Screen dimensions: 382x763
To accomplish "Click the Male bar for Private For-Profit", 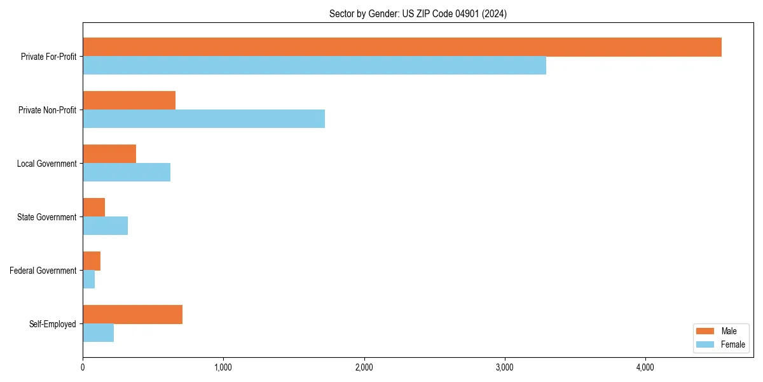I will tap(402, 47).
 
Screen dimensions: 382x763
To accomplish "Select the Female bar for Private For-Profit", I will tap(314, 66).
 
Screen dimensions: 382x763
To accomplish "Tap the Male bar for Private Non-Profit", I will tap(129, 101).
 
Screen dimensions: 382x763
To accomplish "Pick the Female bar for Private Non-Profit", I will tap(203, 119).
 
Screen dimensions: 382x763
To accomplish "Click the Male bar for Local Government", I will tap(109, 154).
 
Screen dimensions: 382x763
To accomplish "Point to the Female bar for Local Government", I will tap(127, 173).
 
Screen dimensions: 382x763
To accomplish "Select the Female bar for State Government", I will tap(105, 226).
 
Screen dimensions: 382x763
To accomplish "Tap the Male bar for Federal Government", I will tap(92, 261).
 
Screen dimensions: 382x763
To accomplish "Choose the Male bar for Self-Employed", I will tap(132, 315).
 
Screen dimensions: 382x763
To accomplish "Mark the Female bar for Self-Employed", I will tap(98, 333).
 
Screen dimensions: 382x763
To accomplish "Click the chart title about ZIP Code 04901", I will tap(418, 13).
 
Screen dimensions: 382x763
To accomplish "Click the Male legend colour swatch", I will tap(706, 331).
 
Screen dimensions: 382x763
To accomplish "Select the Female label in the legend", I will tap(732, 344).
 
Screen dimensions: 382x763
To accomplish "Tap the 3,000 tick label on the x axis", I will tap(504, 367).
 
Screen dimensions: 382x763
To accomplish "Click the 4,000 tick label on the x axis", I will tap(645, 367).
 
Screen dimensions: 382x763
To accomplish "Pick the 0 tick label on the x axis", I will tap(83, 367).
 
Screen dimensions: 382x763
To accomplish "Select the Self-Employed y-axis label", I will tap(53, 324).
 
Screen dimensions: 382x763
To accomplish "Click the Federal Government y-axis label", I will tap(43, 271).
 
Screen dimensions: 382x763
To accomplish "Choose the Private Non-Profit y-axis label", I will tap(47, 110).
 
